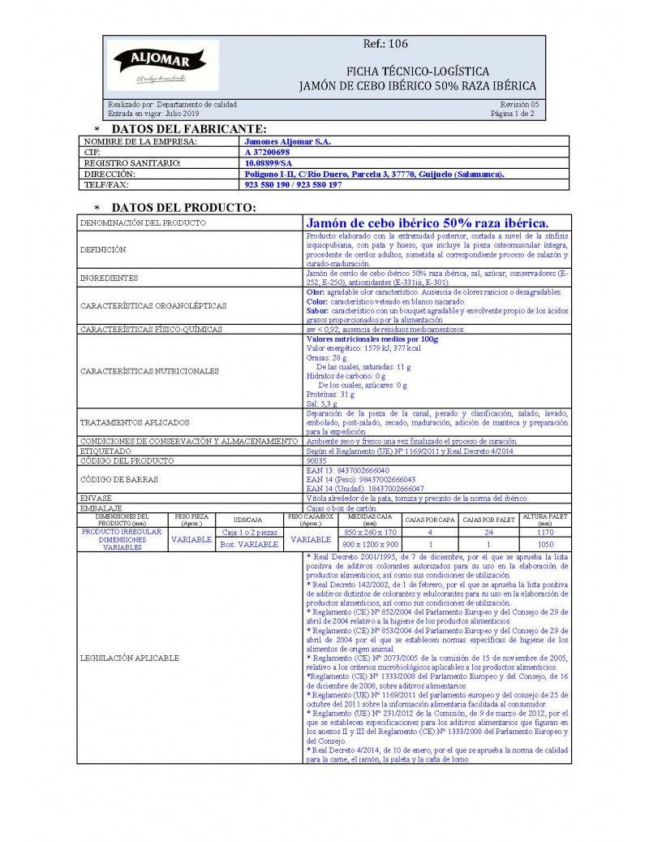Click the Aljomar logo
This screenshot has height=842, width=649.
click(x=160, y=64)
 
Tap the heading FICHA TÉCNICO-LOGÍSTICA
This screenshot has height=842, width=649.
click(x=417, y=71)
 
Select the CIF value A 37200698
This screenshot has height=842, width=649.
click(x=267, y=152)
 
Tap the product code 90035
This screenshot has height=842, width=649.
click(x=316, y=460)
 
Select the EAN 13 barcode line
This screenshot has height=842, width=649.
click(x=348, y=470)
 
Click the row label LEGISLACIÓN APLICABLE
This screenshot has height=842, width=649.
click(x=129, y=658)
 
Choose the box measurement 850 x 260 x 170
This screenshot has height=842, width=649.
click(x=370, y=533)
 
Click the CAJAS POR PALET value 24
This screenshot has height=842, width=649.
click(x=489, y=533)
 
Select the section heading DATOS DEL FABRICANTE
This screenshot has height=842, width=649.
click(x=189, y=129)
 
